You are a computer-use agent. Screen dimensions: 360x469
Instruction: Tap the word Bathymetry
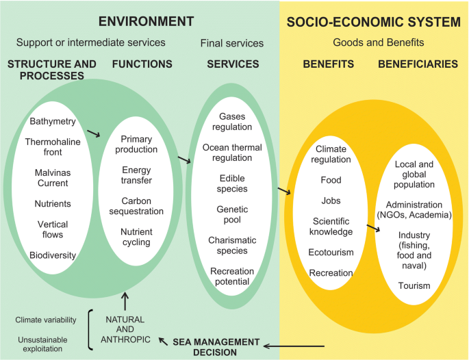pyautogui.click(x=53, y=122)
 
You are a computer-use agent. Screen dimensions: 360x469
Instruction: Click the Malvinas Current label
pyautogui.click(x=53, y=178)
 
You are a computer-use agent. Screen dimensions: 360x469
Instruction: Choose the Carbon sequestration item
pyautogui.click(x=137, y=206)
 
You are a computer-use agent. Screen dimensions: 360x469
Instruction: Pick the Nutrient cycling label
pyautogui.click(x=137, y=237)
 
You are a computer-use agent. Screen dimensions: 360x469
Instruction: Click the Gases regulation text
pyautogui.click(x=232, y=122)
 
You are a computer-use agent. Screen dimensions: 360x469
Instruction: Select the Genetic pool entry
pyautogui.click(x=232, y=214)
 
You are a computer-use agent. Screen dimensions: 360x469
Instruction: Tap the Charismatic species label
pyautogui.click(x=232, y=245)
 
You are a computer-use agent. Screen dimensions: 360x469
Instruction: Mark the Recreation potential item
pyautogui.click(x=232, y=277)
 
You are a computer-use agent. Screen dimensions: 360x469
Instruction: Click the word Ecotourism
pyautogui.click(x=331, y=252)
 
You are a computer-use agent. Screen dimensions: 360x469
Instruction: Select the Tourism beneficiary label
pyautogui.click(x=414, y=285)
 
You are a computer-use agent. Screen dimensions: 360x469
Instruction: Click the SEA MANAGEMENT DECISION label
pyautogui.click(x=216, y=347)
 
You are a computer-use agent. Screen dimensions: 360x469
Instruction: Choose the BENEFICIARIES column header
pyautogui.click(x=418, y=64)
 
